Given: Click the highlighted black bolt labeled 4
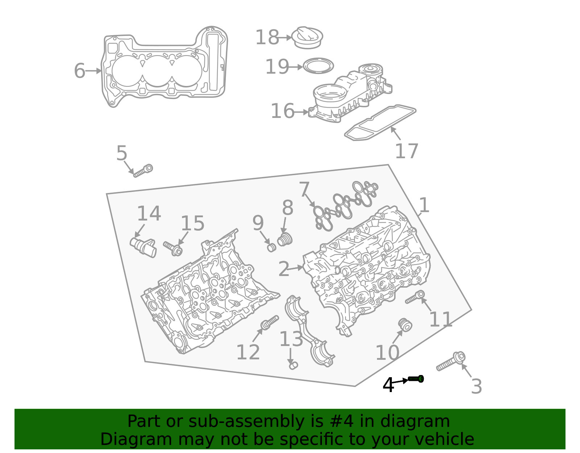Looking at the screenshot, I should point(416,379).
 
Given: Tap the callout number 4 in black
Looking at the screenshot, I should point(388,385).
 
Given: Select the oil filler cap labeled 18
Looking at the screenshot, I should point(307,37).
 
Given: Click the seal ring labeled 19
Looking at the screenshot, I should point(318,66).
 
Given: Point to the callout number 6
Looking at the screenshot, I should point(79,71).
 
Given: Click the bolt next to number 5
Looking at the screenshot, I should point(143,171).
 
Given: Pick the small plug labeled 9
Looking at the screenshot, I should point(272,248).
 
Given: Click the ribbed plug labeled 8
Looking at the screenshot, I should point(285,240).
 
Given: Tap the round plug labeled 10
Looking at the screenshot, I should point(404,324).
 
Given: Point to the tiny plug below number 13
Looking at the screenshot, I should point(293,365).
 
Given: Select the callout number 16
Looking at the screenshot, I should point(282,111).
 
